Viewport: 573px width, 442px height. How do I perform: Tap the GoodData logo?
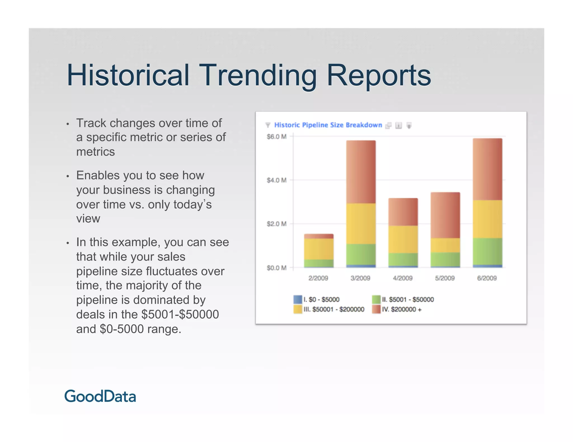100,396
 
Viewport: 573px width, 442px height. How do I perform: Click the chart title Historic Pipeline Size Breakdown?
328,125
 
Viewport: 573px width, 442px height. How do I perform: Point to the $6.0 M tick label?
276,137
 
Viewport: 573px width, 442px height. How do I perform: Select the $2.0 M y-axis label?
276,224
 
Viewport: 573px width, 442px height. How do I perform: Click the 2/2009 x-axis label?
318,278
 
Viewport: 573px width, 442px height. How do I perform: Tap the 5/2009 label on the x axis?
445,278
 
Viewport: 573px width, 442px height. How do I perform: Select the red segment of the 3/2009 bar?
361,172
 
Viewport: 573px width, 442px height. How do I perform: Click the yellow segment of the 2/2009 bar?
319,249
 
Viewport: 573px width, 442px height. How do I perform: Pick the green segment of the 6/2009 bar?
487,251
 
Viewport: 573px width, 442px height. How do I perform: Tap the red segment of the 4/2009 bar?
403,212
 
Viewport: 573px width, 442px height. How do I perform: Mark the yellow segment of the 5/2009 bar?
445,245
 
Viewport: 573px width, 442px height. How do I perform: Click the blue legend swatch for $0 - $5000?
298,300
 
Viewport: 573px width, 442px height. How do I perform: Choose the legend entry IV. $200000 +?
401,309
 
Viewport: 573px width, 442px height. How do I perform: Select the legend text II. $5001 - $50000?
408,300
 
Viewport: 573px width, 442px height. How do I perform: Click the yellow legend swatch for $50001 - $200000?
298,309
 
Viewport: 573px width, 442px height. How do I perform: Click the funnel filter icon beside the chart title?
268,125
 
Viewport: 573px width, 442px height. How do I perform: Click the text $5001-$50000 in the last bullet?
180,314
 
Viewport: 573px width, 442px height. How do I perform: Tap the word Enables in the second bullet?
98,175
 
